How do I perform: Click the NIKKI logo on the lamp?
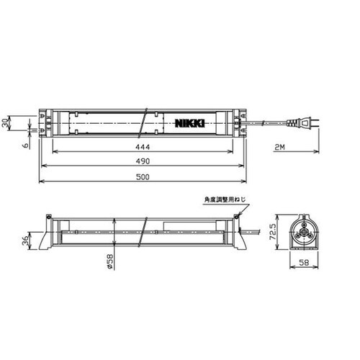click(190, 123)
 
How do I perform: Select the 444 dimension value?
click(143, 147)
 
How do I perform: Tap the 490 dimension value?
click(143, 161)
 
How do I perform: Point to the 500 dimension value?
click(143, 177)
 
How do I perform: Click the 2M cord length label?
click(279, 147)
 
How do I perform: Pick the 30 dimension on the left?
click(5, 123)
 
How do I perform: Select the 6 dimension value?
click(26, 145)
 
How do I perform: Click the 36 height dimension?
click(25, 240)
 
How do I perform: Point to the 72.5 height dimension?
click(273, 232)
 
